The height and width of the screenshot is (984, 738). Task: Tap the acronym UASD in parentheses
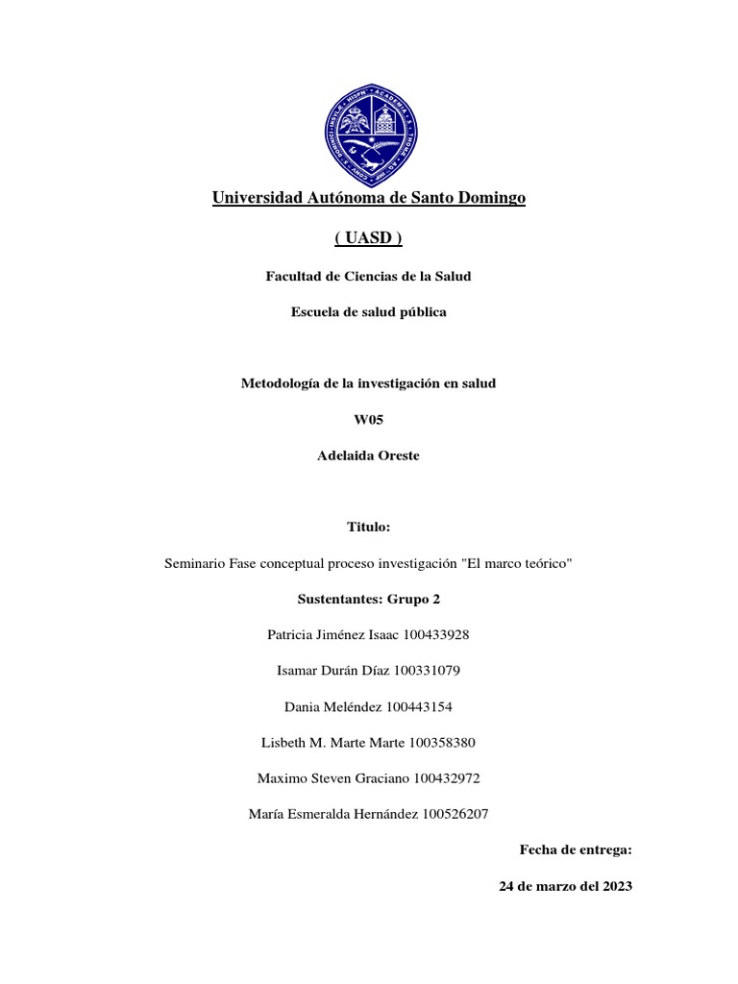coord(369,237)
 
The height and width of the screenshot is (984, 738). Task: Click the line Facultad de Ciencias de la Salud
coord(369,277)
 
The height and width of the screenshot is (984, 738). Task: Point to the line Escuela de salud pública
coord(369,312)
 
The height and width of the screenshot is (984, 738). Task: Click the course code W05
coord(369,420)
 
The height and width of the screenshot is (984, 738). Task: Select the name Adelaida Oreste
coord(369,455)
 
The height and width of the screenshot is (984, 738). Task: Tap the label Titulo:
coord(369,528)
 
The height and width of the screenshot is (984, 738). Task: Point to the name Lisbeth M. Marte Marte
coord(332,742)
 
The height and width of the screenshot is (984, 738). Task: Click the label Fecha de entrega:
coord(576,849)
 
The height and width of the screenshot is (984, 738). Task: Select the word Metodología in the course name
coord(278,383)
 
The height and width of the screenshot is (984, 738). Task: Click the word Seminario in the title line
coord(196,563)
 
